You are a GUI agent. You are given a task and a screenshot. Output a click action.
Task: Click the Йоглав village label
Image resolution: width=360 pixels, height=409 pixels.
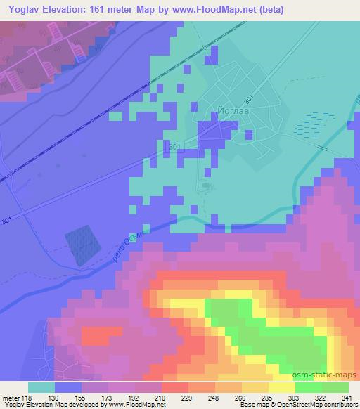point(230,111)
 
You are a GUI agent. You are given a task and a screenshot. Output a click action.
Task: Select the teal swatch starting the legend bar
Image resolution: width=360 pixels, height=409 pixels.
point(41,387)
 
